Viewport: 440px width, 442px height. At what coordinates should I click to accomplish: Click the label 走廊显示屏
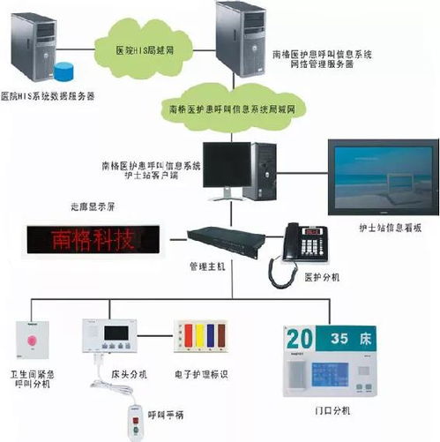click(88, 208)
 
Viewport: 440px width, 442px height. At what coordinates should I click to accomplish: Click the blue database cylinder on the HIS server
click(63, 71)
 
